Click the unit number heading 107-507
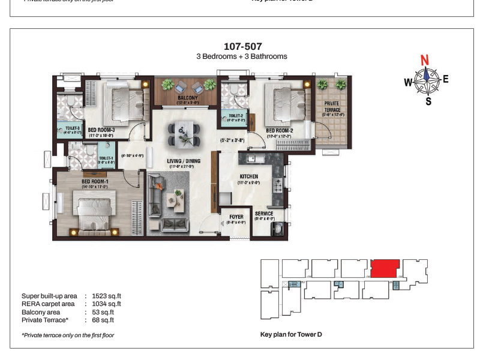pyautogui.click(x=242, y=46)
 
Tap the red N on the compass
pyautogui.click(x=425, y=60)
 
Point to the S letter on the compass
pyautogui.click(x=428, y=101)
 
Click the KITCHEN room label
pyautogui.click(x=248, y=176)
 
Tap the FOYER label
pyautogui.click(x=236, y=217)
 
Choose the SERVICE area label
pyautogui.click(x=264, y=214)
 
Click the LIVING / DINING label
pyautogui.click(x=184, y=161)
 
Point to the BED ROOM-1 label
pyautogui.click(x=95, y=181)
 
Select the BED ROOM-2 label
pyautogui.click(x=279, y=130)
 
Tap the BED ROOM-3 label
pyautogui.click(x=101, y=130)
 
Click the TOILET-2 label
pyautogui.click(x=235, y=115)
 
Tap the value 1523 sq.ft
pyautogui.click(x=108, y=296)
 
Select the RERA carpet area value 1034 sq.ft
pyautogui.click(x=108, y=304)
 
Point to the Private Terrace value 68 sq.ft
pyautogui.click(x=103, y=320)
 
